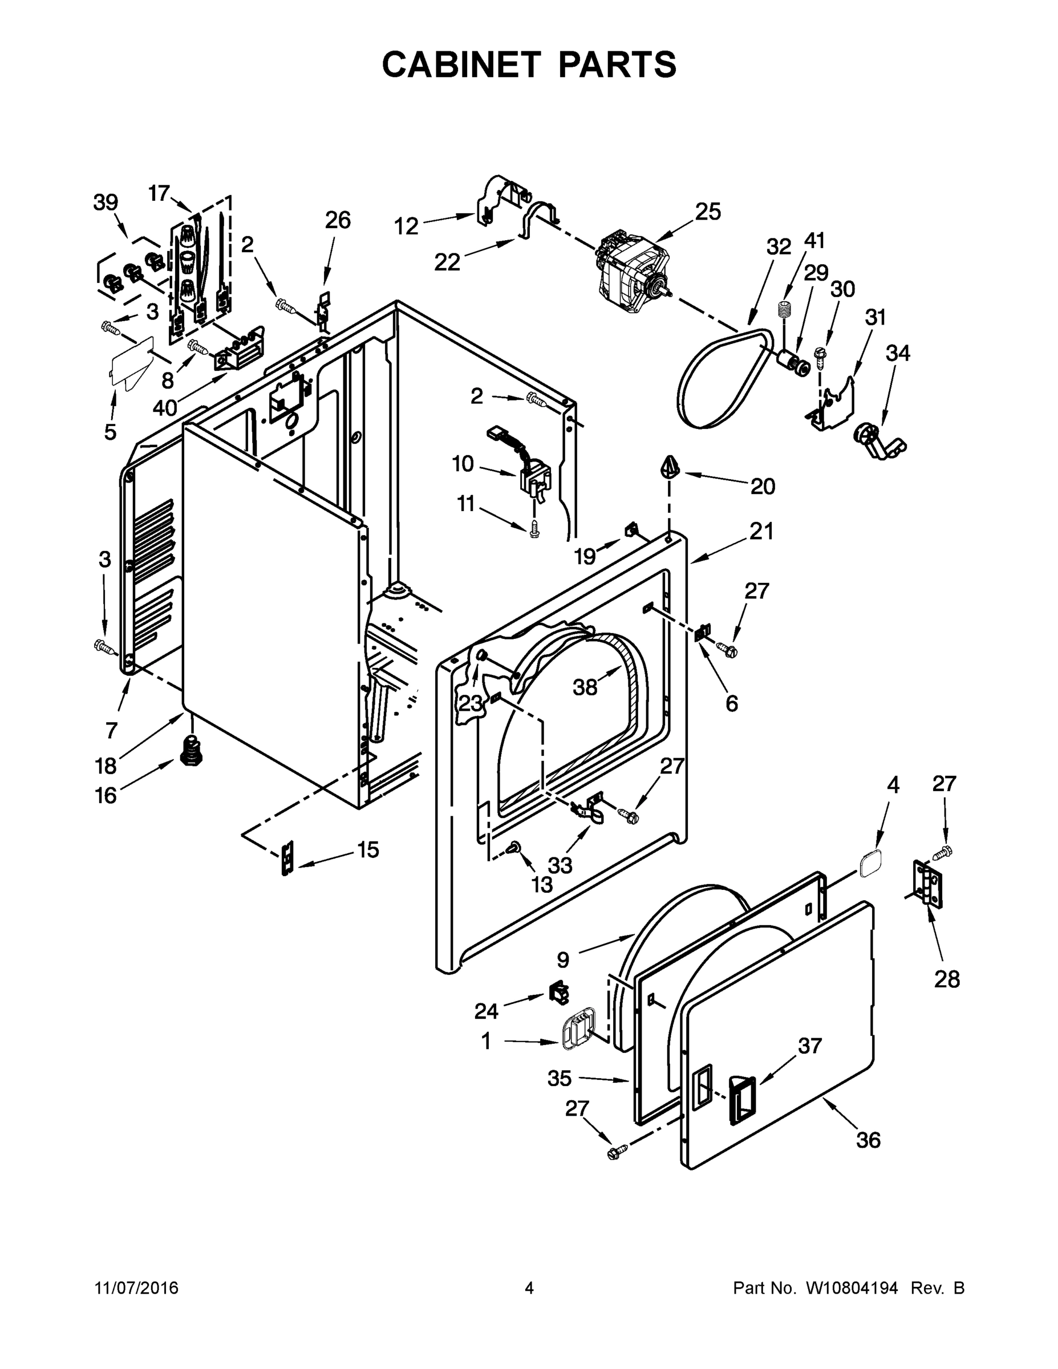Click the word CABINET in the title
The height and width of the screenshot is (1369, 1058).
point(461,64)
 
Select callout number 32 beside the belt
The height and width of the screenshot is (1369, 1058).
point(779,247)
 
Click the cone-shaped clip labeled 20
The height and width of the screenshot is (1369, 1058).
point(670,468)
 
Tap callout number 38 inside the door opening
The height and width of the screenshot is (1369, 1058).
point(585,687)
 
